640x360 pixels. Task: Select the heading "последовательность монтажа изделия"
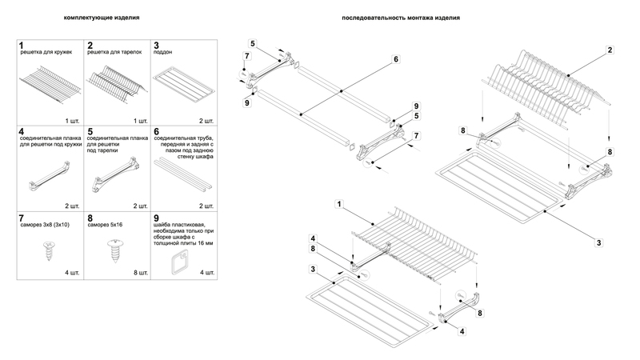point(390,18)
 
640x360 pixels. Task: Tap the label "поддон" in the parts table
point(162,52)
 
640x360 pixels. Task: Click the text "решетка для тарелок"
point(115,52)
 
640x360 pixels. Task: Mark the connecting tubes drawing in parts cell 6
point(184,171)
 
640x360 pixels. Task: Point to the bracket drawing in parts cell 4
point(46,175)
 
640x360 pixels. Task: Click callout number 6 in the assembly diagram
point(395,59)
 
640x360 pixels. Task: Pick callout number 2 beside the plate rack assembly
point(610,50)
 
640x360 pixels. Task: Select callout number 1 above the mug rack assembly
point(339,206)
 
